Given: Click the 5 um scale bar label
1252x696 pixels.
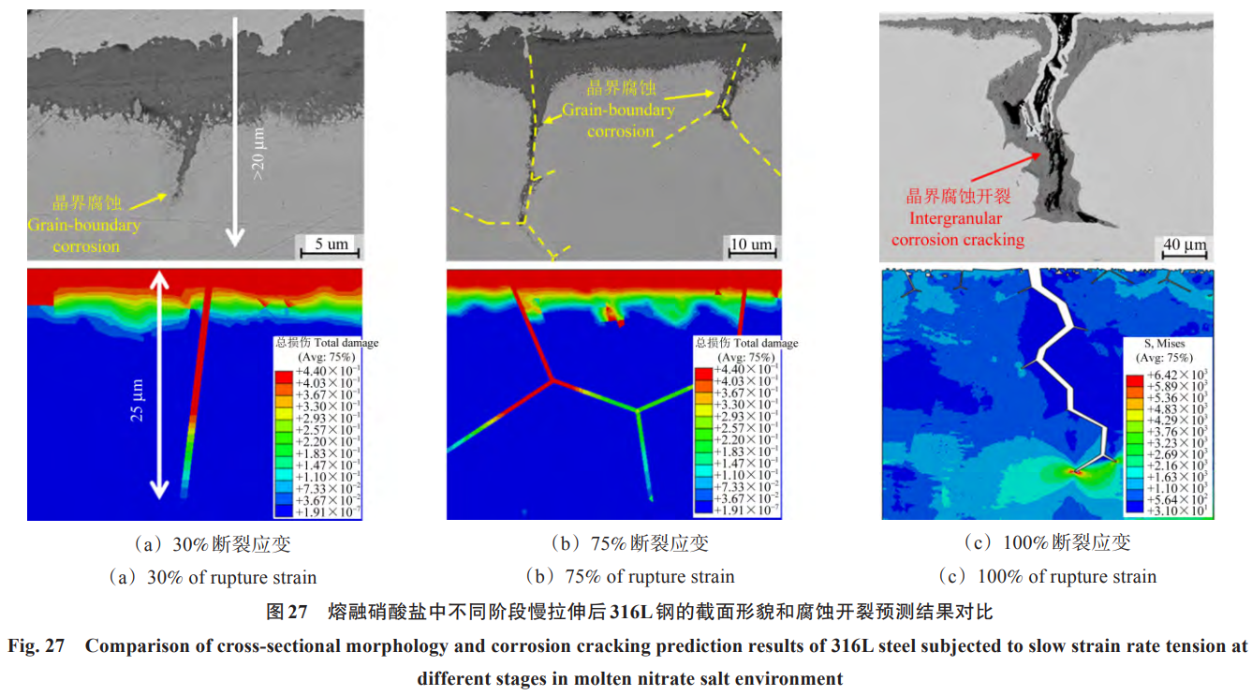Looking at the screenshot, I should pyautogui.click(x=331, y=244).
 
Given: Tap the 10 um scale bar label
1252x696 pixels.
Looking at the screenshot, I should pyautogui.click(x=751, y=244).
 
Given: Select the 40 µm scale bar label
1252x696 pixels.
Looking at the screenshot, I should pyautogui.click(x=1184, y=244).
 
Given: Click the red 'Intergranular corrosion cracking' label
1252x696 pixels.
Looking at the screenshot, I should pyautogui.click(x=957, y=229).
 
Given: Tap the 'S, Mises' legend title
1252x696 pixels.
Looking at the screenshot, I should pyautogui.click(x=1163, y=344).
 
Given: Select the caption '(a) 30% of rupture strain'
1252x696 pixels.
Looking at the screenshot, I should pyautogui.click(x=213, y=577).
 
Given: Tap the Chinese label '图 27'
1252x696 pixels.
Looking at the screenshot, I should pyautogui.click(x=287, y=613).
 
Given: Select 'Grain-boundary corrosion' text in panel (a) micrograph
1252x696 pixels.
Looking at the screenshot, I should pyautogui.click(x=83, y=235).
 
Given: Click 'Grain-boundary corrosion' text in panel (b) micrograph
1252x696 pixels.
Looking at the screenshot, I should pyautogui.click(x=618, y=120).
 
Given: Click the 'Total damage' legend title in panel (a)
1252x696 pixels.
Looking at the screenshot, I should pyautogui.click(x=326, y=343).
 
